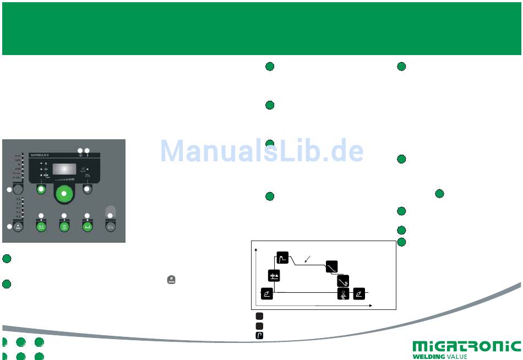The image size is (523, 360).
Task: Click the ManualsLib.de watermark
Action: tap(262, 150)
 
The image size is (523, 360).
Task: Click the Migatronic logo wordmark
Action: tap(466, 346)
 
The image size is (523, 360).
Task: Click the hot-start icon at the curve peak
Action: tap(282, 257)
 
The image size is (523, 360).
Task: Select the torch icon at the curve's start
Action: tap(266, 293)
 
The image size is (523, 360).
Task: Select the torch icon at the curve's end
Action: tap(359, 293)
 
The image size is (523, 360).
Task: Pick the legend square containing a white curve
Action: tap(259, 335)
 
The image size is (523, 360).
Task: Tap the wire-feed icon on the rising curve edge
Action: tap(274, 276)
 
